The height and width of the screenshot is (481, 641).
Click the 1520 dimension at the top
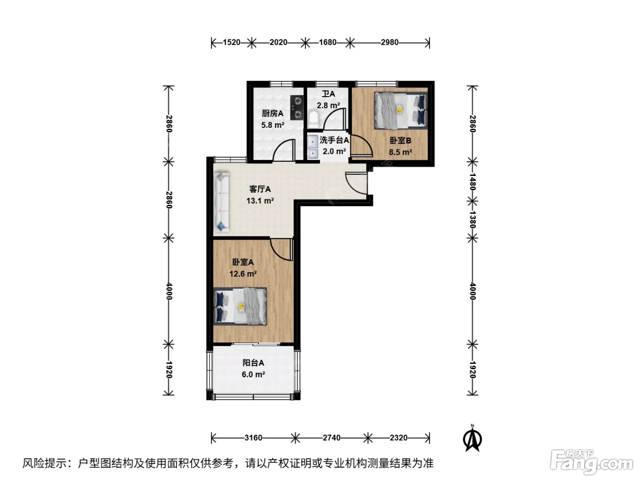[231, 42]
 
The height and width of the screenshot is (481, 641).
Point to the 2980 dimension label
[389, 42]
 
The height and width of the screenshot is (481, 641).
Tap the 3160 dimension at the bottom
[253, 438]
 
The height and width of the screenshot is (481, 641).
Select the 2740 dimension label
[331, 438]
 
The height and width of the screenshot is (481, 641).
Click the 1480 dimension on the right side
[473, 181]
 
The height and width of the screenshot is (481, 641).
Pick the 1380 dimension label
[473, 219]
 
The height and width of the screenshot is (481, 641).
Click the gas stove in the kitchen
[297, 108]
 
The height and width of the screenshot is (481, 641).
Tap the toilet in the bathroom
[313, 119]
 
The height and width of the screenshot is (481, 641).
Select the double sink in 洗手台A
[313, 147]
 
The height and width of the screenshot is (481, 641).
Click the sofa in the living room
[222, 202]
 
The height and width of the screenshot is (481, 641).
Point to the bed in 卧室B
[401, 110]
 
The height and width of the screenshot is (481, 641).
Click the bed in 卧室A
[240, 306]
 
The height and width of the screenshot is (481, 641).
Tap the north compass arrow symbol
[472, 438]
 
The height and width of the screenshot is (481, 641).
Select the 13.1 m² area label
[260, 201]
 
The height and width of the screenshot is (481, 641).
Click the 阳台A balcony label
[253, 363]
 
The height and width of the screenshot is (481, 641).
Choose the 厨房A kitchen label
[272, 113]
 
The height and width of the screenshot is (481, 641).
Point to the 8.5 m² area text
[400, 152]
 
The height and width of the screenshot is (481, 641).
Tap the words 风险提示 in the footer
[45, 463]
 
